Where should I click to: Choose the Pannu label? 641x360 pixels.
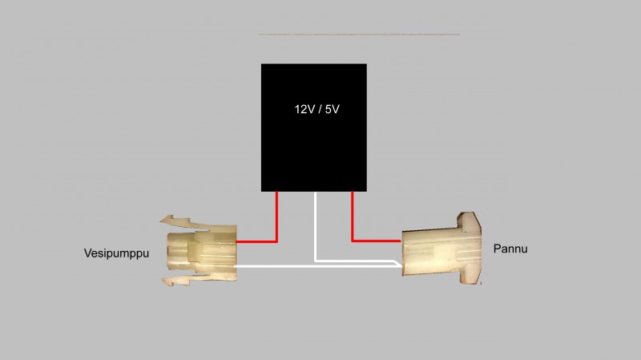pyautogui.click(x=510, y=249)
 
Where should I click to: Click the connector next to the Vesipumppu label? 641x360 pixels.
pyautogui.click(x=200, y=249)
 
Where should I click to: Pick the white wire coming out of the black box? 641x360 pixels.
pyautogui.click(x=316, y=224)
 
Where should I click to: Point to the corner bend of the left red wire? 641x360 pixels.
pyautogui.click(x=276, y=241)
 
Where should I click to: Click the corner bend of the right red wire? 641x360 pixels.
pyautogui.click(x=353, y=240)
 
